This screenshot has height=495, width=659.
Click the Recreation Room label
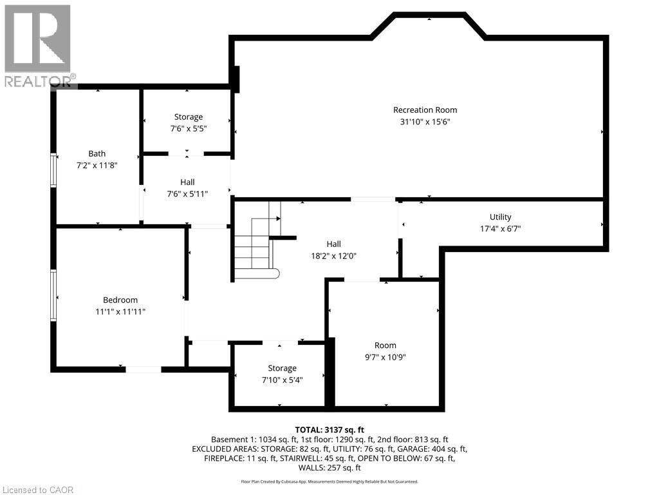coord(425,110)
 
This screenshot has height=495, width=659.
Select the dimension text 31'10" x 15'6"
coord(425,122)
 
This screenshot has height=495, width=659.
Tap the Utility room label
coord(500,217)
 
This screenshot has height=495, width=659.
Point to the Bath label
coord(97,153)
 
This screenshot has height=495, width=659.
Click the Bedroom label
coord(120,300)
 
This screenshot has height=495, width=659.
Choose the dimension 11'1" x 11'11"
coord(120,312)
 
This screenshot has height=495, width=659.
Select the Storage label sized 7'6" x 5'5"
coord(188,117)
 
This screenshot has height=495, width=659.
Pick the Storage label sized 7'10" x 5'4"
coord(282,368)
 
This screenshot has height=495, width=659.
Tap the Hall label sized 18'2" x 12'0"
coord(333,244)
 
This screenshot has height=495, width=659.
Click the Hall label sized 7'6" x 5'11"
coord(187,182)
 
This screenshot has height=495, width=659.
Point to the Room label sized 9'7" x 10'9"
coord(385,345)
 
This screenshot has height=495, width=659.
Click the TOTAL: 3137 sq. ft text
coord(329,429)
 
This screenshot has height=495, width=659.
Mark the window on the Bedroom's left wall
coord(54,295)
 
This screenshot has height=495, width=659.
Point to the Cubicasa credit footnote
coord(329,481)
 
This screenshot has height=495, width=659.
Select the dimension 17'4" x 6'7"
coord(500,228)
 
